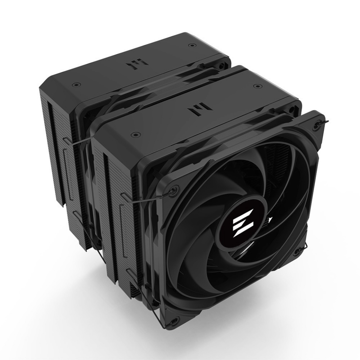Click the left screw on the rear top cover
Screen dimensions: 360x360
tap(76, 84)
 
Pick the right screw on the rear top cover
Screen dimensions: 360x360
tap(192, 45)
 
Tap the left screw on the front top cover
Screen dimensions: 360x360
tap(133, 133)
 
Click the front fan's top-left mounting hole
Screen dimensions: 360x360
tap(174, 189)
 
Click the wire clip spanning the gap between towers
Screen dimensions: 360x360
tap(81, 143)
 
